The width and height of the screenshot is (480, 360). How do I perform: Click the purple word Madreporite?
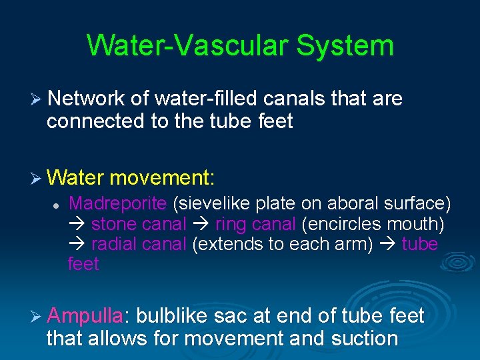tap(117, 203)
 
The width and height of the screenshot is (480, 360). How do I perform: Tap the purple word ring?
tap(229, 224)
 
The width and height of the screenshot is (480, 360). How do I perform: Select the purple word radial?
tap(112, 244)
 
